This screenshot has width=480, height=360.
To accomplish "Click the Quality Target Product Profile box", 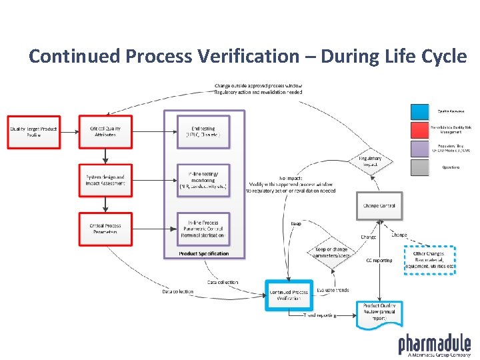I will coord(33,131).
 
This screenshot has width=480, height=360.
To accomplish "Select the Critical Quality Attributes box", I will coord(105,131).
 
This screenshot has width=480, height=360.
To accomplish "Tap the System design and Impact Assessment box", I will coord(105,180).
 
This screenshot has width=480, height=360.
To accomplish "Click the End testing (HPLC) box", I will coord(203,131).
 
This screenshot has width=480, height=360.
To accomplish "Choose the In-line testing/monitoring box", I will coord(203,180).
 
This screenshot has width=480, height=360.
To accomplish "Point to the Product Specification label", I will coord(203,253).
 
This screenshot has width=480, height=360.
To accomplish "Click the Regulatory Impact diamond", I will coord(370,161).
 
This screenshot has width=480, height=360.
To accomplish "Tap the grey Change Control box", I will coord(379,206).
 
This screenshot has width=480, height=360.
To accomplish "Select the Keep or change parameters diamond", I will coord(331,253).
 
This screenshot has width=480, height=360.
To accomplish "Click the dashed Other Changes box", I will coord(430,260).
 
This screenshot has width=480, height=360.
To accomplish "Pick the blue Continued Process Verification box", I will coord(289,295).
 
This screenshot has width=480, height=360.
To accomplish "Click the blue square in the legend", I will coord(419,111).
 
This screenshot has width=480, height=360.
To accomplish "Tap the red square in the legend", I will coord(419,130).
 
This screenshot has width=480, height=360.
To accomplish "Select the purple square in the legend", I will coord(419,148).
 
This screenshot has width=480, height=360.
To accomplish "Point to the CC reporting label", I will coord(379,260).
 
